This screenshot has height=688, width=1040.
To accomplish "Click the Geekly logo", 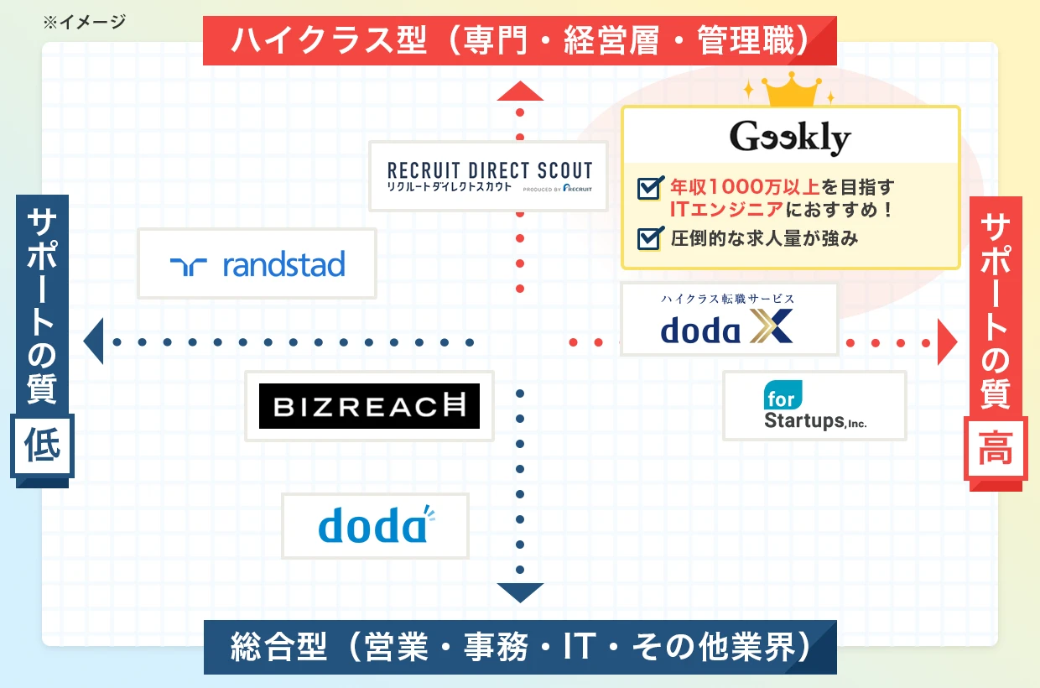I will [x=790, y=137].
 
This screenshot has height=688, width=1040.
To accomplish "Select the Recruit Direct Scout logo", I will [x=489, y=176].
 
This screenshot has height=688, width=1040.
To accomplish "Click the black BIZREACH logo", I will [x=369, y=406].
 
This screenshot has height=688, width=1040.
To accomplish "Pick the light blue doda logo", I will [x=375, y=526].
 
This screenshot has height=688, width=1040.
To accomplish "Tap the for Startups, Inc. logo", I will [x=814, y=406].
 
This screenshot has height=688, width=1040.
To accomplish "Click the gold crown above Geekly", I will [x=786, y=90].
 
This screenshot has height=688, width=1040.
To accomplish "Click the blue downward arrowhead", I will [x=520, y=592].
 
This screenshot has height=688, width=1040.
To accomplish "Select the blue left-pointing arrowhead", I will [x=93, y=341].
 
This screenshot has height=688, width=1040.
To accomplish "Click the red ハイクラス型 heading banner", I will [x=520, y=41].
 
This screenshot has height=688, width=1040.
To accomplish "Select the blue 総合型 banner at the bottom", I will [x=520, y=647].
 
